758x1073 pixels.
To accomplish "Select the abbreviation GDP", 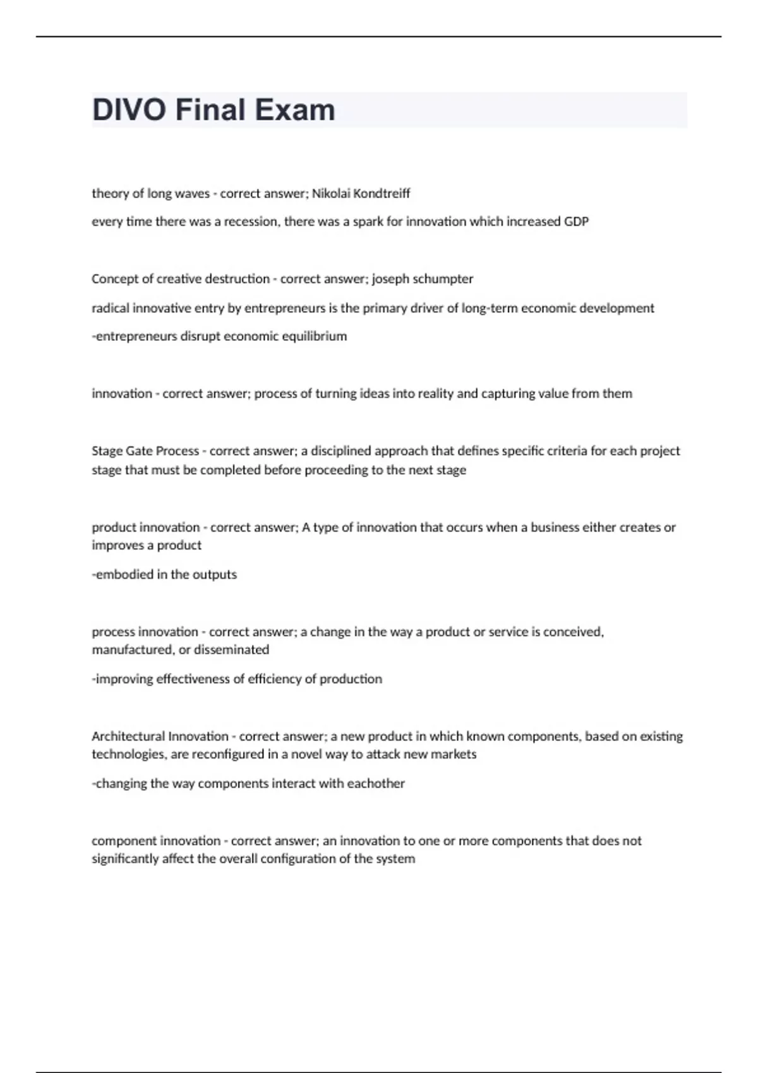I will (576, 222).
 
